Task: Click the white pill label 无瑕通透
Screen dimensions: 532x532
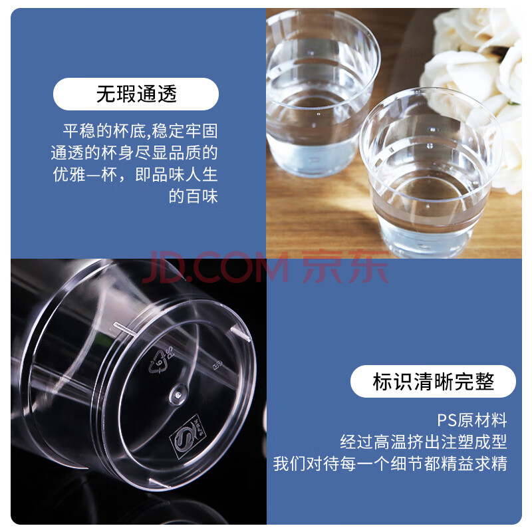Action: coord(136,94)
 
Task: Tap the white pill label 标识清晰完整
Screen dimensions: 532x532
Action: coord(433,381)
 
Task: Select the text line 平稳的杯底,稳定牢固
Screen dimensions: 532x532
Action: coord(140,131)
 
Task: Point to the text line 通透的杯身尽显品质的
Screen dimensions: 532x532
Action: coord(134,153)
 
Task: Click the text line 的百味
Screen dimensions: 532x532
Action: coord(194,196)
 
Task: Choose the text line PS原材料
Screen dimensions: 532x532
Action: coord(472,420)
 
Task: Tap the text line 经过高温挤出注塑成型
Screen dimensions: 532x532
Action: coord(424,442)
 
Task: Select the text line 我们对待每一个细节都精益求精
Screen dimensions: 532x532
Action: coord(390,464)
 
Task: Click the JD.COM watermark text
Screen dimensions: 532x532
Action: coord(216,267)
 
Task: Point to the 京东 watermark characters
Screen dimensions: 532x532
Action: coord(345,267)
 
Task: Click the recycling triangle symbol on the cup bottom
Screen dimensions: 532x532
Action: coord(158,362)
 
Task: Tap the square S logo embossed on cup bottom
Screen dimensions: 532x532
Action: coord(188,437)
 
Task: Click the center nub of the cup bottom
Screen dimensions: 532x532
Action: coord(178,394)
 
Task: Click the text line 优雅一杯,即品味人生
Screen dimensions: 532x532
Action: coord(136,175)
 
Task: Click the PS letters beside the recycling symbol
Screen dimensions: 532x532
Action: coord(170,353)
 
